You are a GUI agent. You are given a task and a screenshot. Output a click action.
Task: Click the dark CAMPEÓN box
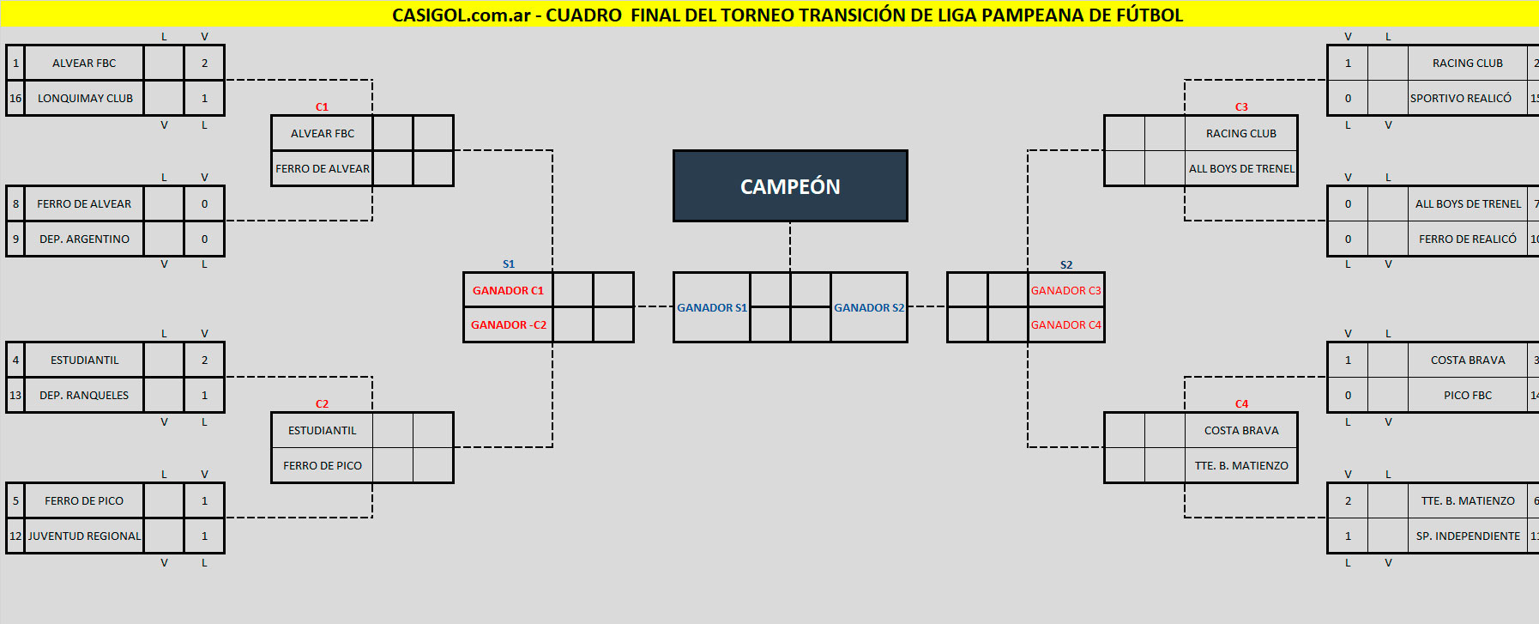(790, 186)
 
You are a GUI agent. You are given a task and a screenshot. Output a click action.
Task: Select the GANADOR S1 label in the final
(712, 307)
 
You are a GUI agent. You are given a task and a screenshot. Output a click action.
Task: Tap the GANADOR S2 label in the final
(869, 307)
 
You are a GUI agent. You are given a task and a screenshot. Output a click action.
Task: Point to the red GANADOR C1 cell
(508, 290)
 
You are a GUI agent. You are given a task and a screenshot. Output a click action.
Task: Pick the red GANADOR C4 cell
(1065, 324)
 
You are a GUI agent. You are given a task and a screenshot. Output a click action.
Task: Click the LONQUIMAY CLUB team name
(85, 98)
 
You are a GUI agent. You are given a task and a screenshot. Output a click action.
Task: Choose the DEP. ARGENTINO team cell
(84, 239)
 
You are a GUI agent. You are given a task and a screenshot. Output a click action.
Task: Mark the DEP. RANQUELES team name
(84, 395)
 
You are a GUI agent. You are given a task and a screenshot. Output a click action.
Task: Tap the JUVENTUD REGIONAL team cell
(84, 536)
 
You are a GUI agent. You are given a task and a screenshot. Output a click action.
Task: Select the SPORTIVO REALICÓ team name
(1461, 98)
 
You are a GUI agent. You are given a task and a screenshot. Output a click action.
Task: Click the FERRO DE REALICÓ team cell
(1467, 239)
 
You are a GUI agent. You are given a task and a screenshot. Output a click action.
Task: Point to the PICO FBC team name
(1467, 395)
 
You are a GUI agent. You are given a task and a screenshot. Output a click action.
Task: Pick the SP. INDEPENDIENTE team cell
(1467, 536)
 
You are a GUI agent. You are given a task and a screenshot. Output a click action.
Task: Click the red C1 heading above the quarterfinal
(322, 107)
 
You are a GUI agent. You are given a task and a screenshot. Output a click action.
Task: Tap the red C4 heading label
(1241, 404)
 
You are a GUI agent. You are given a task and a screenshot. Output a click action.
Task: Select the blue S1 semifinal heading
(509, 264)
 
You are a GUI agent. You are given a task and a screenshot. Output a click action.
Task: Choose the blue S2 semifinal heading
(1066, 265)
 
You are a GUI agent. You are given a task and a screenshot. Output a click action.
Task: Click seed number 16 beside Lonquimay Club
(15, 98)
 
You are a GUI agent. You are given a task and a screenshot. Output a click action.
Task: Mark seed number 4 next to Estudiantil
(15, 360)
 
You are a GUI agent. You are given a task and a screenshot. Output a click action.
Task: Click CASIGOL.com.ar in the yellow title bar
(461, 15)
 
